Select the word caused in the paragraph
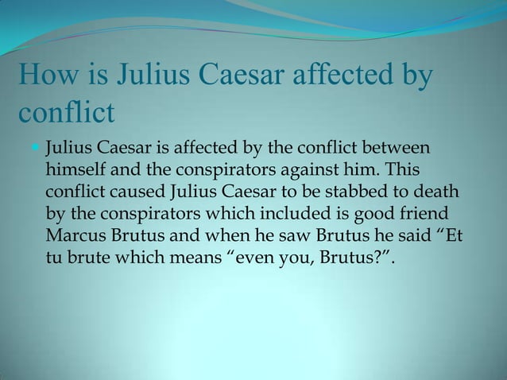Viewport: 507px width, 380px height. [x=136, y=193]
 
